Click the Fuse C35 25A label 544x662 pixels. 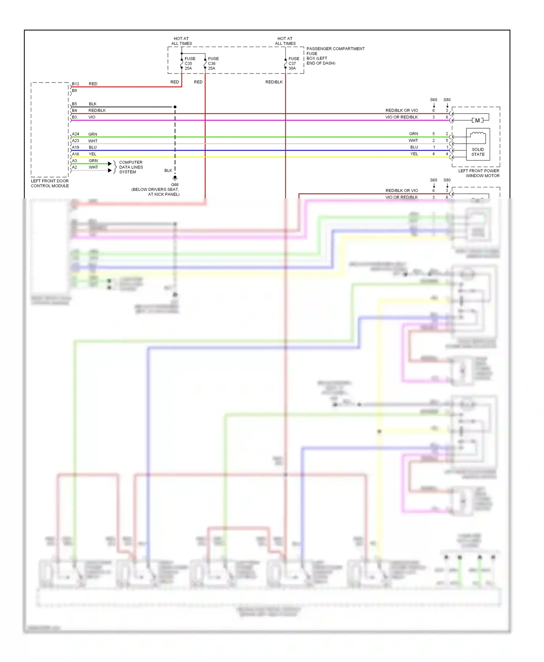[x=190, y=63]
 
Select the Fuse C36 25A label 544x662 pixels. [x=213, y=63]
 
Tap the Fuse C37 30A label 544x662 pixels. [x=294, y=63]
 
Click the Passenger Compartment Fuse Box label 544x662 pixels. [x=335, y=56]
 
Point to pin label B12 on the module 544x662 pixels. [x=75, y=84]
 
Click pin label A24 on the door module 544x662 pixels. [x=75, y=134]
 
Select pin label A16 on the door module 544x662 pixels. [x=75, y=154]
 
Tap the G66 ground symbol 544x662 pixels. [x=175, y=179]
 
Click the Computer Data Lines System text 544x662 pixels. [x=131, y=167]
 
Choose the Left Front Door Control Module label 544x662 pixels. [x=50, y=183]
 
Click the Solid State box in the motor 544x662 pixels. [x=478, y=152]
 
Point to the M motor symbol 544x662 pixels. [x=477, y=120]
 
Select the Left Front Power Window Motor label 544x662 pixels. [x=479, y=173]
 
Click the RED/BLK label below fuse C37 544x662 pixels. [x=274, y=82]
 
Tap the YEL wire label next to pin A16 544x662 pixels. [x=92, y=154]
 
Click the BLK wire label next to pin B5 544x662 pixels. [x=92, y=104]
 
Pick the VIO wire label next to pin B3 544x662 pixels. [x=92, y=117]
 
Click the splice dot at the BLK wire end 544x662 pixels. [x=175, y=107]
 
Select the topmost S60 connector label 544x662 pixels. [x=433, y=100]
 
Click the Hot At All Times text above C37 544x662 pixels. [x=285, y=41]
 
